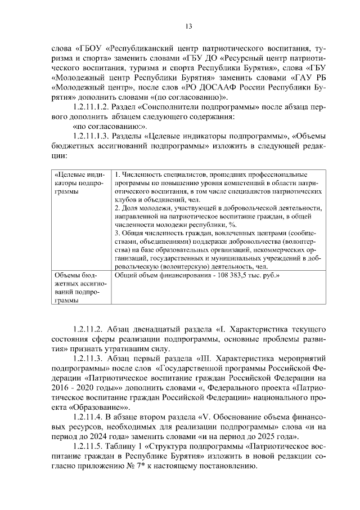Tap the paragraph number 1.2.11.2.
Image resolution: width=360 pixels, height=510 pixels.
coord(88,328)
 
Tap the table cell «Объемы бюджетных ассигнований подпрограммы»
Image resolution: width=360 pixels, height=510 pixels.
coord(75,288)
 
